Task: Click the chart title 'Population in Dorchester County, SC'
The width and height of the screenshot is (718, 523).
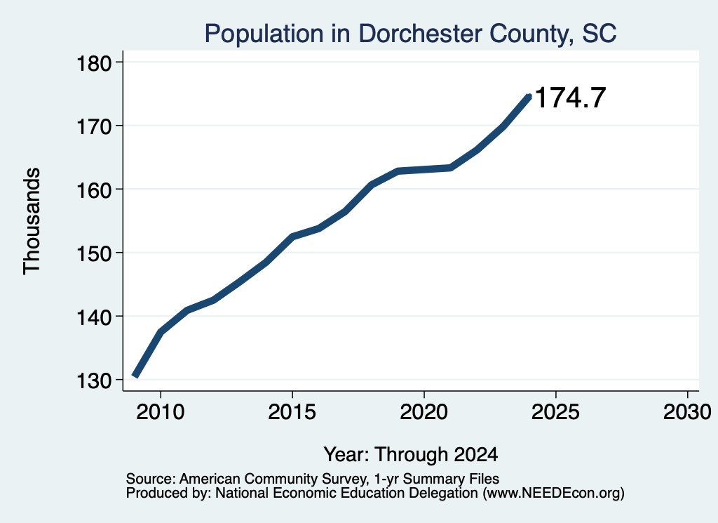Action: click(410, 34)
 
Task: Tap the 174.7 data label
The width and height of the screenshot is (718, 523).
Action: click(570, 97)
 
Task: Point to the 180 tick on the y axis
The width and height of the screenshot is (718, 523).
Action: click(94, 63)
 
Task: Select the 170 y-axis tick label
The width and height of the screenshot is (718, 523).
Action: click(94, 126)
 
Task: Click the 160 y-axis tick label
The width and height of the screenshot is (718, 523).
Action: click(94, 190)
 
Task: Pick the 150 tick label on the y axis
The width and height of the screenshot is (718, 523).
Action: click(94, 253)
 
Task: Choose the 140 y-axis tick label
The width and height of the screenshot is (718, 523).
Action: click(94, 317)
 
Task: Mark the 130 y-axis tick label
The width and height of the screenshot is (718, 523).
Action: click(94, 380)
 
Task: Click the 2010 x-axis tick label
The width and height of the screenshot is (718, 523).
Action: click(161, 411)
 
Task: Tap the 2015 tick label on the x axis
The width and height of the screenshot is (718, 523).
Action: click(292, 411)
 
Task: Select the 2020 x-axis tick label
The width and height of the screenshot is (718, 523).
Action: click(424, 411)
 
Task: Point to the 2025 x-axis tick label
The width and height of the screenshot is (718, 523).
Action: click(555, 411)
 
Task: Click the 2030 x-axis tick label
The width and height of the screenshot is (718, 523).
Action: click(687, 411)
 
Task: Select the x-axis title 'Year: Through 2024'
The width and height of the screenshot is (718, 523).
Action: click(411, 454)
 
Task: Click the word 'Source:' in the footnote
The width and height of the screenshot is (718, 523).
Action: click(151, 479)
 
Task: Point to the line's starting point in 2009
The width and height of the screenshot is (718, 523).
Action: click(135, 376)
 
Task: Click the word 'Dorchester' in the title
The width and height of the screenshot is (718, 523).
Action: click(421, 34)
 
